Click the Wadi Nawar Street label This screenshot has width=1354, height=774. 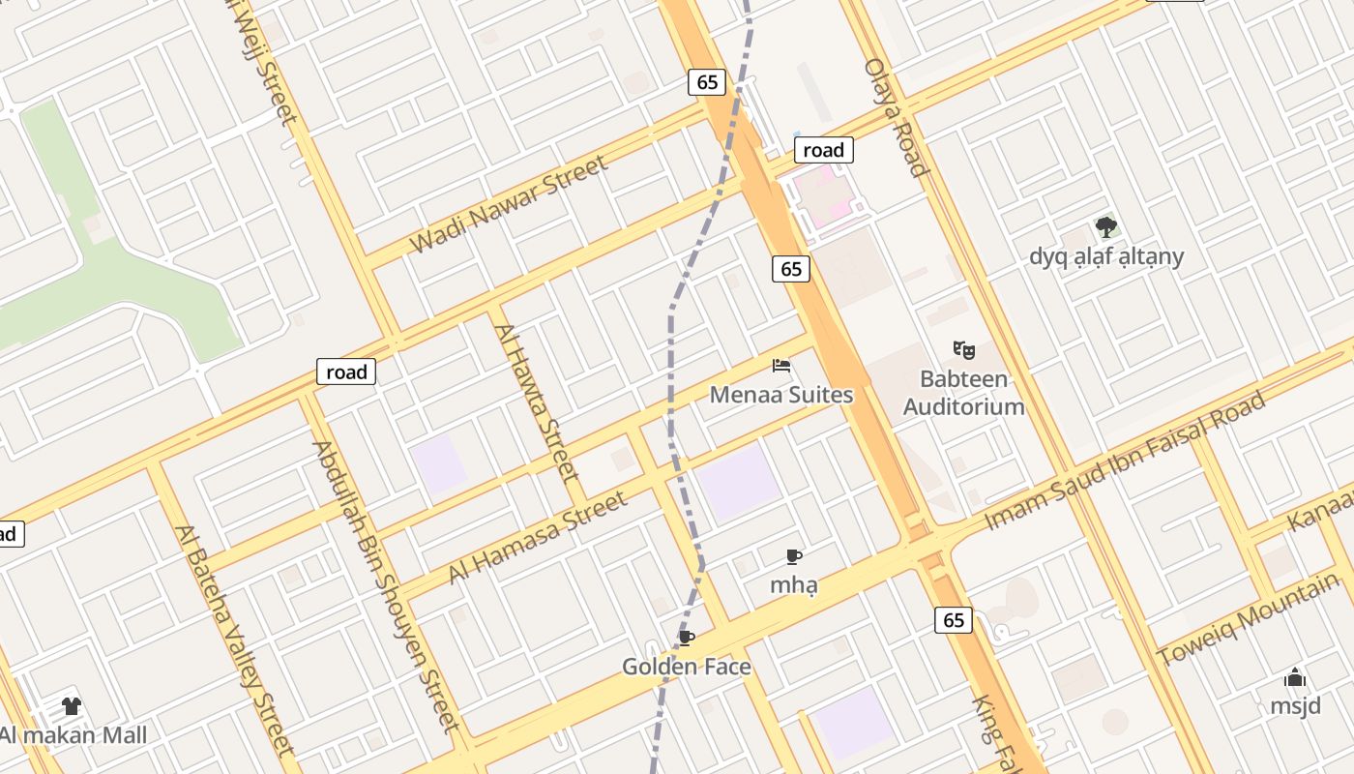click(x=510, y=204)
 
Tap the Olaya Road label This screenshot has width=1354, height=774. click(x=897, y=117)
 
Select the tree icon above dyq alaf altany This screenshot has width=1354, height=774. click(x=1106, y=228)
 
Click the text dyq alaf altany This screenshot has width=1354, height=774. click(x=1106, y=257)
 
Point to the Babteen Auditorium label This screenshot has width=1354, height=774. click(x=963, y=393)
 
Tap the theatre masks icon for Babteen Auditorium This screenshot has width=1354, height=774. click(x=963, y=349)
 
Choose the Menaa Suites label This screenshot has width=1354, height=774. click(x=781, y=395)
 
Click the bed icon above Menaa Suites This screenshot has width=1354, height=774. click(x=781, y=366)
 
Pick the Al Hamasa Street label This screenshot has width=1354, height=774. click(x=537, y=538)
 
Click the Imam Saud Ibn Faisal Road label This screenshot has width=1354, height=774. click(x=1125, y=461)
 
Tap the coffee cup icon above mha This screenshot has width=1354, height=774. click(x=794, y=556)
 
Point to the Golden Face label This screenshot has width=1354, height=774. click(x=686, y=667)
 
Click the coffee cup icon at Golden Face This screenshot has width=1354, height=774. click(x=686, y=638)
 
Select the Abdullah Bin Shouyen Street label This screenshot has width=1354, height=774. click(x=386, y=586)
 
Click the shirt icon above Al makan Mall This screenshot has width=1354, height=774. click(x=72, y=706)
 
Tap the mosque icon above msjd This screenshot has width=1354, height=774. click(x=1295, y=677)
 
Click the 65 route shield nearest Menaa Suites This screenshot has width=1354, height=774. click(x=791, y=269)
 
